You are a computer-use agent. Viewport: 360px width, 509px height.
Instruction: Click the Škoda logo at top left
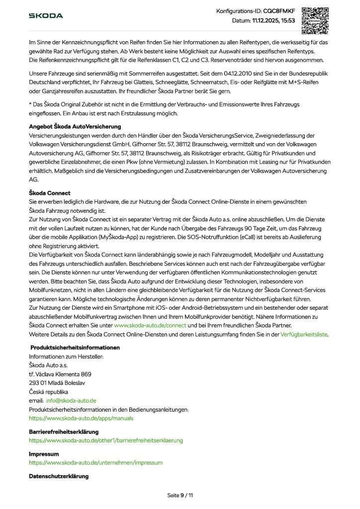(46, 16)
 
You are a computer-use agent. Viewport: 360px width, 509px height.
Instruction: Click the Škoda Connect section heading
(50, 193)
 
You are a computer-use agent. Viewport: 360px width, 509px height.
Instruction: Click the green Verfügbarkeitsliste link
(304, 335)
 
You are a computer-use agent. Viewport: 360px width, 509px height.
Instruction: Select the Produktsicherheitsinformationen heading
(75, 347)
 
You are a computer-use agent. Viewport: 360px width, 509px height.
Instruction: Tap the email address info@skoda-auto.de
(71, 400)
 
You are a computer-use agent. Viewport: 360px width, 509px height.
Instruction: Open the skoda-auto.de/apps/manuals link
(81, 418)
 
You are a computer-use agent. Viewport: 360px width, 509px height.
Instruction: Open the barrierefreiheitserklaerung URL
(106, 440)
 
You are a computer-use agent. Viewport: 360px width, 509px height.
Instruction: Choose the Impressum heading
(44, 454)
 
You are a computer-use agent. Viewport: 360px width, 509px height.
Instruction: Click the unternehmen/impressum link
(95, 462)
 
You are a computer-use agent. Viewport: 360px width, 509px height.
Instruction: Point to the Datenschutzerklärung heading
(59, 476)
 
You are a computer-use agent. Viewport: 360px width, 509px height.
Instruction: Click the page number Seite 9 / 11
(180, 495)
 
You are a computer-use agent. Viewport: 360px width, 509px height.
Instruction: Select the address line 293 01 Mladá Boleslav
(57, 382)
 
